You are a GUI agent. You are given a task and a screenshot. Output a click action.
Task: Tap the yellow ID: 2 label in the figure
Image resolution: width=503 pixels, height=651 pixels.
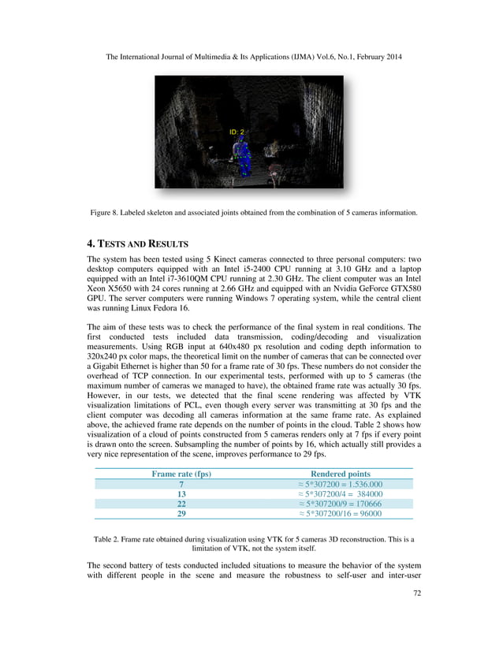tap(237, 132)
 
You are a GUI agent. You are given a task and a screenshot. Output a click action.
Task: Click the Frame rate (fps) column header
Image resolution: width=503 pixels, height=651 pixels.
tap(181, 474)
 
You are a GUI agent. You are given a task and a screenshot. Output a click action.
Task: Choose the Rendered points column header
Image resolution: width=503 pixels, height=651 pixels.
tap(340, 474)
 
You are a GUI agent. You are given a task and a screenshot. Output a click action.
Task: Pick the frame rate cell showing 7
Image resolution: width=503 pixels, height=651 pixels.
tap(181, 484)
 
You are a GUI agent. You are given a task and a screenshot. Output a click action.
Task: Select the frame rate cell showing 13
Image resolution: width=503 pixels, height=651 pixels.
tap(181, 494)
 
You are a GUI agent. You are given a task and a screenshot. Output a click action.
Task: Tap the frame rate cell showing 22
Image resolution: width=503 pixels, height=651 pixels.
tap(181, 504)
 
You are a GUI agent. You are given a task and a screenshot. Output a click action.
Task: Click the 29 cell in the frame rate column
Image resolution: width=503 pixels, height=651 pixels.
tap(181, 514)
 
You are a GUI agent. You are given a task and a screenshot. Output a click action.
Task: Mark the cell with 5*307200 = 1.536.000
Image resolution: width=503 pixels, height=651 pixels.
tap(340, 484)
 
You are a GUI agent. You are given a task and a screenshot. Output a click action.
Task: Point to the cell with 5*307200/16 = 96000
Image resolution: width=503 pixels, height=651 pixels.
tap(340, 514)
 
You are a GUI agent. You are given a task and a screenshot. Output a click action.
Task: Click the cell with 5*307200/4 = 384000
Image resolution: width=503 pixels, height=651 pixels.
tap(340, 494)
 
